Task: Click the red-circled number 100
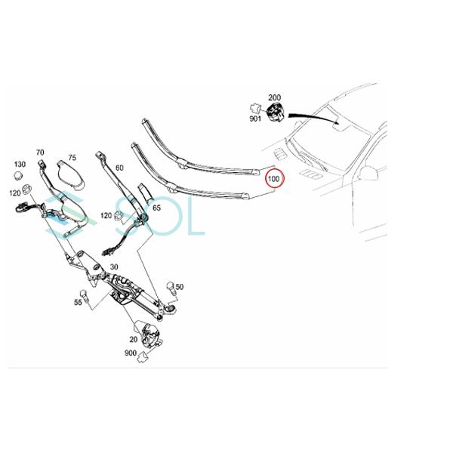(x=273, y=180)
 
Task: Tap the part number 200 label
(x=274, y=98)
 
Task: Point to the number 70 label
(x=40, y=153)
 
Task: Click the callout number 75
(x=72, y=158)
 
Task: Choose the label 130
(x=19, y=165)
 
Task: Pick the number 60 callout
(x=119, y=169)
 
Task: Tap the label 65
(x=156, y=207)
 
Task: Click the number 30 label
(x=114, y=267)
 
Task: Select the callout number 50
(x=180, y=288)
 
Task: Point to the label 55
(x=78, y=302)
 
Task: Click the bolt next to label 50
(x=171, y=286)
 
